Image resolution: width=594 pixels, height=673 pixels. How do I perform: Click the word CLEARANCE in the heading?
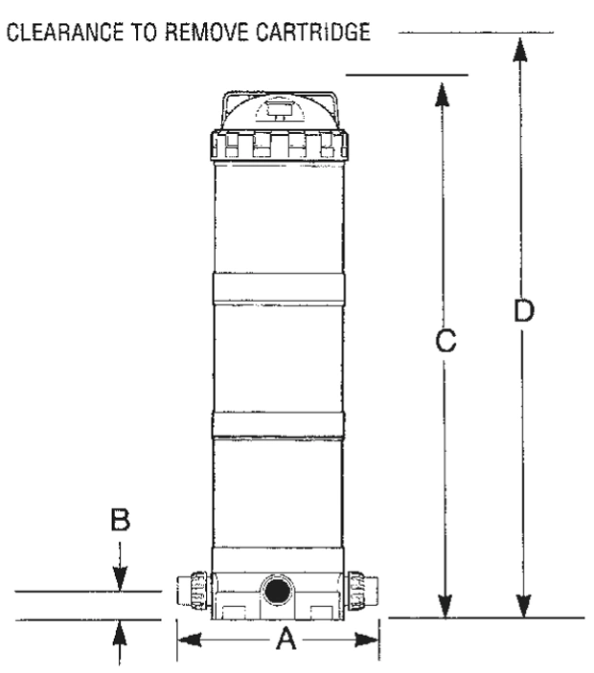coord(65,32)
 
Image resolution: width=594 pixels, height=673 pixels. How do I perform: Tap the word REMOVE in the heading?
coord(207,32)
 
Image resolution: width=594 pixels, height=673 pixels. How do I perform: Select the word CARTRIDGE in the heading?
coord(313,32)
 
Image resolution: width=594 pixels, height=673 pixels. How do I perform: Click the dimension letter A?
coord(286,639)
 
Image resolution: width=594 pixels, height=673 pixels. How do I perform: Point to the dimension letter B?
coord(121,519)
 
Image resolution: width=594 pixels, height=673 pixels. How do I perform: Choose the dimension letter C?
coord(445,341)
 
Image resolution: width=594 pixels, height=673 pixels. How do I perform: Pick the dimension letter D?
coord(523,310)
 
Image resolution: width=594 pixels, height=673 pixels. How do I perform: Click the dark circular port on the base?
coord(277,592)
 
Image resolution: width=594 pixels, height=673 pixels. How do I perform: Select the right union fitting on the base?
coord(361,591)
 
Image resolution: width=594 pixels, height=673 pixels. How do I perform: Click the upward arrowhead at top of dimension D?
coord(520,50)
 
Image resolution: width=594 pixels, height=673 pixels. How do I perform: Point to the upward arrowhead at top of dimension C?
coord(442,94)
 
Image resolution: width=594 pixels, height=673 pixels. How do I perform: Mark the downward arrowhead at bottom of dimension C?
coord(445,606)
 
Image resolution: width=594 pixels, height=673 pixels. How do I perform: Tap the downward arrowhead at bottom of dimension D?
coord(523,606)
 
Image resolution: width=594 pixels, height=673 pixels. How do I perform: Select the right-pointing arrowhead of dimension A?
coord(367,639)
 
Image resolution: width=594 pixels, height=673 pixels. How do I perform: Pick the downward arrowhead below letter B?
coord(120,579)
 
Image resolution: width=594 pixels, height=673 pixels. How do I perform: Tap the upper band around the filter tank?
coord(278,288)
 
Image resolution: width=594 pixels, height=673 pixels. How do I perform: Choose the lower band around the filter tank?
coord(278,425)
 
